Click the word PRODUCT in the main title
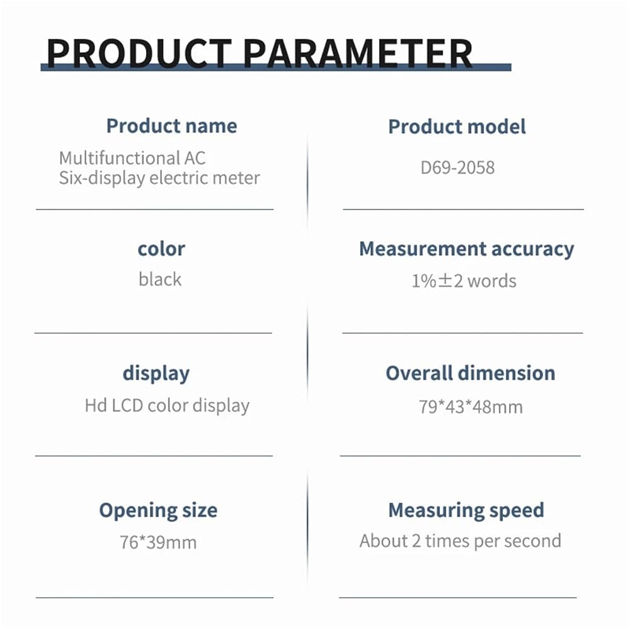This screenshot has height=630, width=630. (x=139, y=54)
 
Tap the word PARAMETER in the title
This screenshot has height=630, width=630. (x=358, y=54)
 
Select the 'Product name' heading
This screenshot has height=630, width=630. (x=171, y=126)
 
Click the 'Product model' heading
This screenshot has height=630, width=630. (x=457, y=127)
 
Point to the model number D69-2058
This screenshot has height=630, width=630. (x=457, y=168)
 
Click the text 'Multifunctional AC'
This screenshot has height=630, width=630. (x=132, y=158)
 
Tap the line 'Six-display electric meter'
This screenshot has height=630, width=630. (x=159, y=178)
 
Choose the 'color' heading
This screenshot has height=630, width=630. (x=161, y=249)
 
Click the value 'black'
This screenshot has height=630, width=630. (x=160, y=279)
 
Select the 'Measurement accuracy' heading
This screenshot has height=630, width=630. (x=466, y=249)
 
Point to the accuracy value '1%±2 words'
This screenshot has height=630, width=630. (x=464, y=281)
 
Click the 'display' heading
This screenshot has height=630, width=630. (x=156, y=374)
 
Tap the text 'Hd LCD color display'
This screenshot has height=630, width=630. (x=167, y=406)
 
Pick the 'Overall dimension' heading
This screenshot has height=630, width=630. (x=471, y=373)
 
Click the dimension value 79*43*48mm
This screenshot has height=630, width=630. (x=471, y=406)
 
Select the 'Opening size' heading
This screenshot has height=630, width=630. (x=158, y=511)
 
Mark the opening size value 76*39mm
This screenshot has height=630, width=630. (x=158, y=542)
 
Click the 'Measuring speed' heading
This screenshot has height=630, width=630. (x=466, y=511)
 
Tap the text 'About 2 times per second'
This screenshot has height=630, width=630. (x=461, y=541)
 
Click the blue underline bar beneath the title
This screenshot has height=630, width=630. (x=276, y=67)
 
